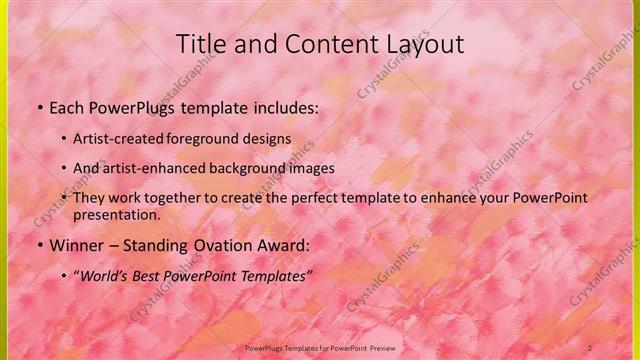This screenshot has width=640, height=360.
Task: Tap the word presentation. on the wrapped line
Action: [x=117, y=214]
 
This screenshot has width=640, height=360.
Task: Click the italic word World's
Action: [x=104, y=273]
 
